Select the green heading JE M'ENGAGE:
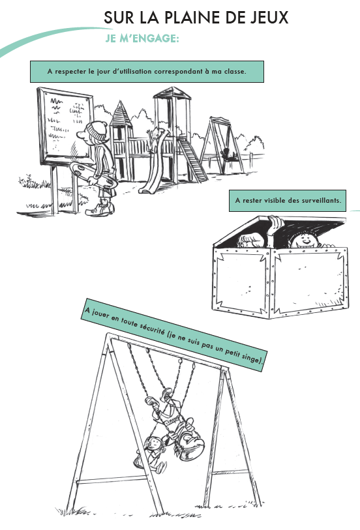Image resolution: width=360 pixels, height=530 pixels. coord(142,38)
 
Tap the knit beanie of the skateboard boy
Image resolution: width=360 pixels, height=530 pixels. coord(97,131)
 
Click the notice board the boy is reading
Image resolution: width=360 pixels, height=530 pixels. coord(65,126)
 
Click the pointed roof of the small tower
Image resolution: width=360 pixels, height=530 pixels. coord(120,114)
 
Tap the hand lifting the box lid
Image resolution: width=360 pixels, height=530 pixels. coord(276,223)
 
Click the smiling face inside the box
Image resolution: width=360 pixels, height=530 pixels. coord(305,240)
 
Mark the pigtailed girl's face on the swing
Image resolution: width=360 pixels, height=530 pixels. coord(155,443)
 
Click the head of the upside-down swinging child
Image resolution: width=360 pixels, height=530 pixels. coord(191,446)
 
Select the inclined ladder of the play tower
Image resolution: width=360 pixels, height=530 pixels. coord(192,160)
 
